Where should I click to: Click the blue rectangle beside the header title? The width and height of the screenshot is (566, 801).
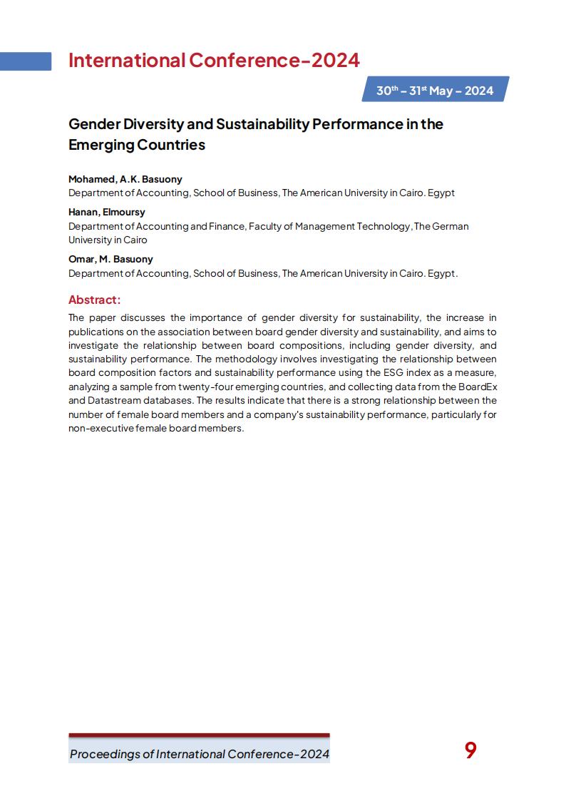click(26, 61)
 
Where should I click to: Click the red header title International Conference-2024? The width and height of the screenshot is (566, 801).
click(214, 61)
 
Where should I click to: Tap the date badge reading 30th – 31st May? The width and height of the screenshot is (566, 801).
click(435, 91)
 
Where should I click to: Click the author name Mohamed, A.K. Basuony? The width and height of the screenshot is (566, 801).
click(125, 179)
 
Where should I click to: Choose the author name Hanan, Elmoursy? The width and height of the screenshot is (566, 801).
click(106, 212)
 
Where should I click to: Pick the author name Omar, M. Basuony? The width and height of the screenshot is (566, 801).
click(110, 259)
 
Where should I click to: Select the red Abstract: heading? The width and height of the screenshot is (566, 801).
click(94, 300)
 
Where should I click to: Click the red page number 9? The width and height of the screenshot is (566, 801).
click(470, 750)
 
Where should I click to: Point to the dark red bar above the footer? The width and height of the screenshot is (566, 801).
click(199, 735)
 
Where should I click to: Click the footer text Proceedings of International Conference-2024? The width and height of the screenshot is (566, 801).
click(199, 754)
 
